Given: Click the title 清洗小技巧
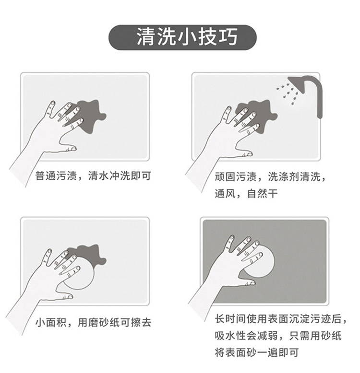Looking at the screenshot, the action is tap(187, 37).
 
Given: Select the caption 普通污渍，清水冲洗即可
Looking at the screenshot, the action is tap(93, 176).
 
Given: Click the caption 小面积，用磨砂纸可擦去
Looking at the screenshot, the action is tap(93, 323).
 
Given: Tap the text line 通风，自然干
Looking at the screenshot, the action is tap(246, 193).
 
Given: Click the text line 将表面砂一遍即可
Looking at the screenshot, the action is tap(257, 352).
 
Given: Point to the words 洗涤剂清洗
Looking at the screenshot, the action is tap(294, 177).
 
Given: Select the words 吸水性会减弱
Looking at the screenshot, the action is tap(246, 336).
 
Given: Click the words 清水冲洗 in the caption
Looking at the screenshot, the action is tap(109, 176).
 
